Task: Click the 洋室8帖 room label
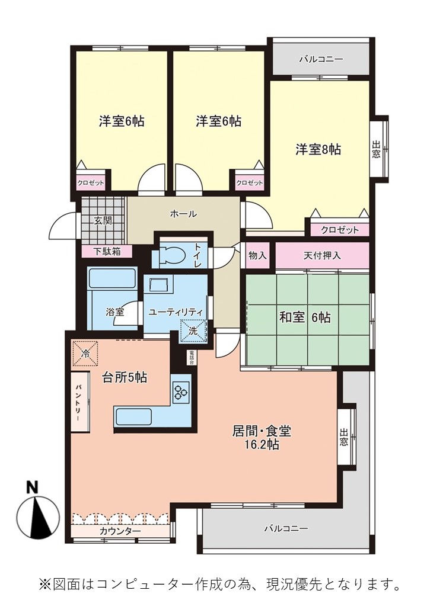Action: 318,150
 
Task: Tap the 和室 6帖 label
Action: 305,317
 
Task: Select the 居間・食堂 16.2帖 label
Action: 261,438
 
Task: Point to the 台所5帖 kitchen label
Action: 125,377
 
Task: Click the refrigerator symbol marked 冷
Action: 85,354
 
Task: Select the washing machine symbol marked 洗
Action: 193,331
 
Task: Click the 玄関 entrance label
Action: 103,221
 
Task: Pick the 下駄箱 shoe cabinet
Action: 107,252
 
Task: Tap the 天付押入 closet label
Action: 322,256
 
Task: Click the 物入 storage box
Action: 258,256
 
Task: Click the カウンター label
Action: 120,531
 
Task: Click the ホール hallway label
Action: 183,214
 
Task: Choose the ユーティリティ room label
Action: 176,313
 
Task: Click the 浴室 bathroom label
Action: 115,312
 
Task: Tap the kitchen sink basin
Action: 133,417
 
